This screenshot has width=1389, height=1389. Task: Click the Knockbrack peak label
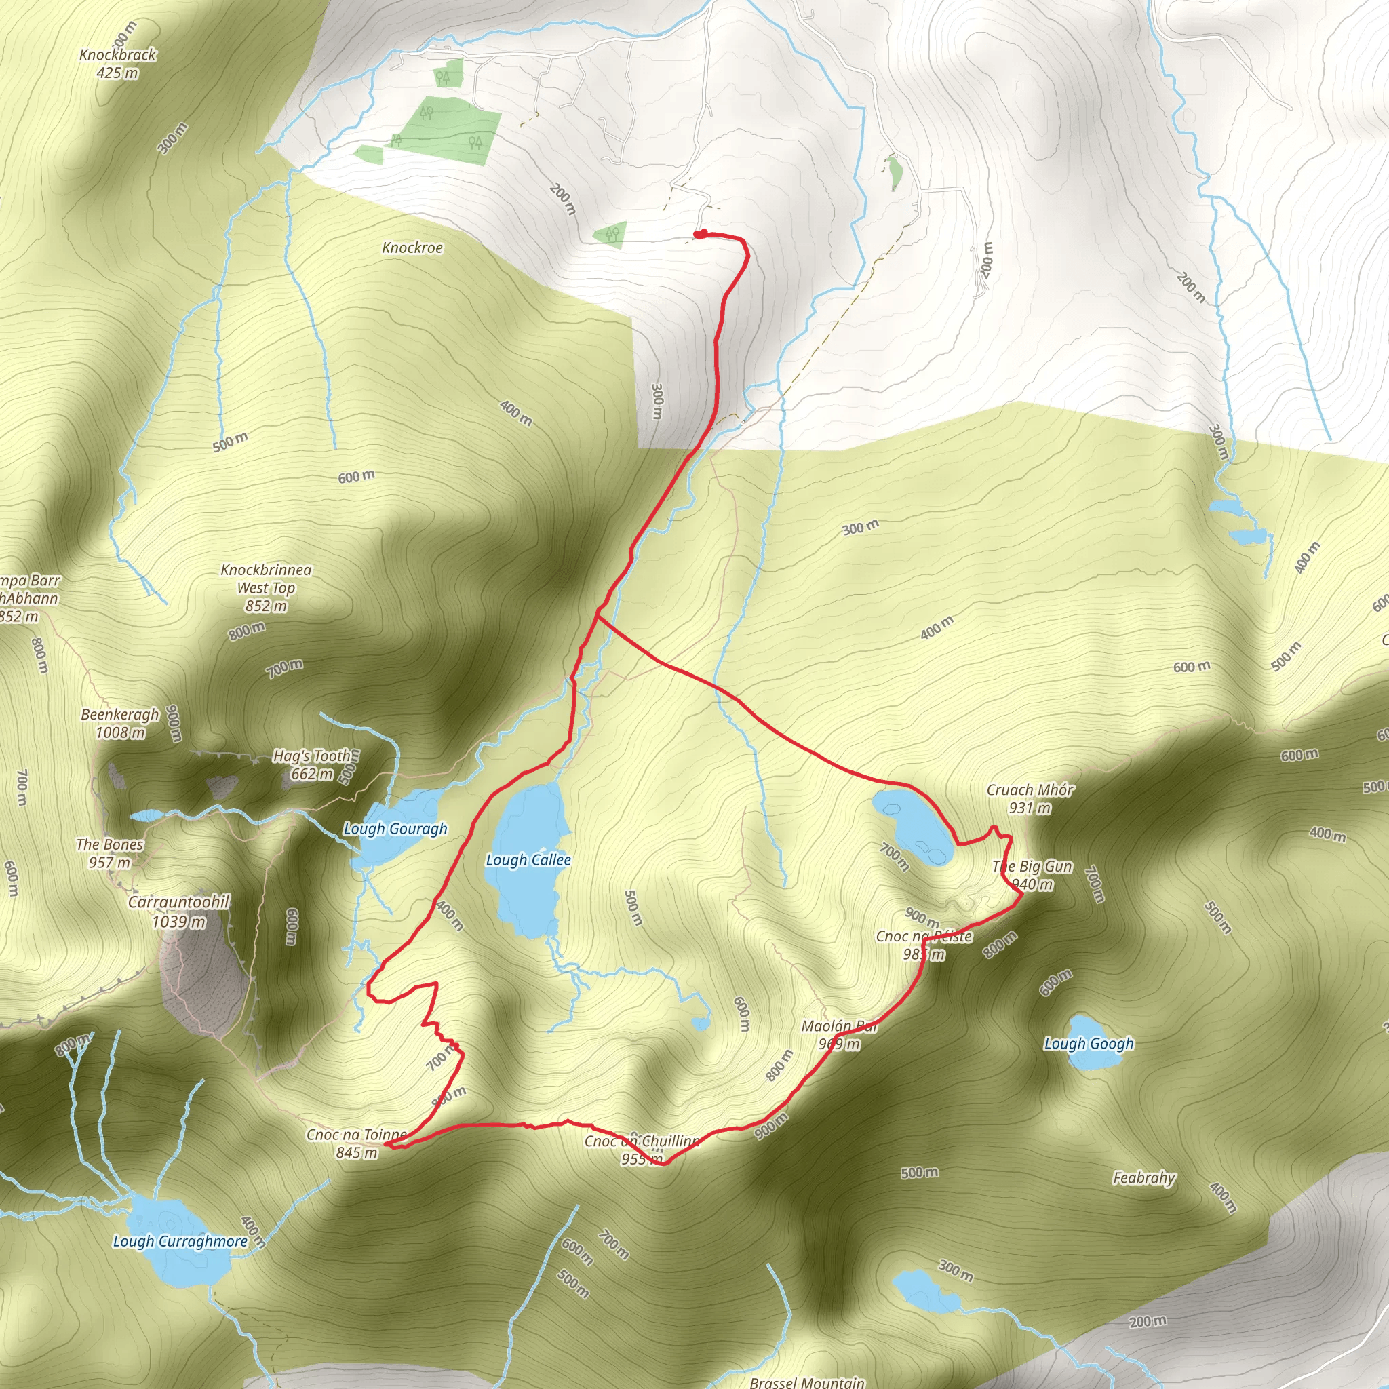(x=118, y=63)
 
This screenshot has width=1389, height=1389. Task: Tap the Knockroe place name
(x=412, y=248)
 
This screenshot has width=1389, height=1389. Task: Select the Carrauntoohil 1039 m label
(x=178, y=911)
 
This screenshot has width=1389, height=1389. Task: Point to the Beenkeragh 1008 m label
(x=120, y=723)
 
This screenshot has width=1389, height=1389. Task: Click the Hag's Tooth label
(x=312, y=764)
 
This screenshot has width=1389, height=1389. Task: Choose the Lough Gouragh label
(x=395, y=829)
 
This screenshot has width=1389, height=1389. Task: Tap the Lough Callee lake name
(x=528, y=860)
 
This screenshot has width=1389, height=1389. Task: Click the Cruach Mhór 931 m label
(x=1030, y=799)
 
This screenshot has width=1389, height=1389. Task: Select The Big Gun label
(x=1032, y=875)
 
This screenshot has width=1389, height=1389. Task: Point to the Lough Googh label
(x=1089, y=1043)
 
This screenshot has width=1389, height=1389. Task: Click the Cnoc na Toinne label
(x=356, y=1143)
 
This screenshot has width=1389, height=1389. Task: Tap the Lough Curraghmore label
(x=180, y=1241)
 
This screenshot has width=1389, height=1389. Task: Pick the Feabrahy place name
(x=1144, y=1177)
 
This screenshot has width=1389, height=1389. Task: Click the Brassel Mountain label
(x=806, y=1382)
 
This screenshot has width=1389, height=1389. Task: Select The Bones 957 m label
(x=110, y=853)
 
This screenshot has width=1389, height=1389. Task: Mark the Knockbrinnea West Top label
(x=266, y=588)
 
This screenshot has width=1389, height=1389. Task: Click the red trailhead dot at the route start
(x=699, y=234)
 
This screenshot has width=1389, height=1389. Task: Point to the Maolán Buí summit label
(x=840, y=1034)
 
